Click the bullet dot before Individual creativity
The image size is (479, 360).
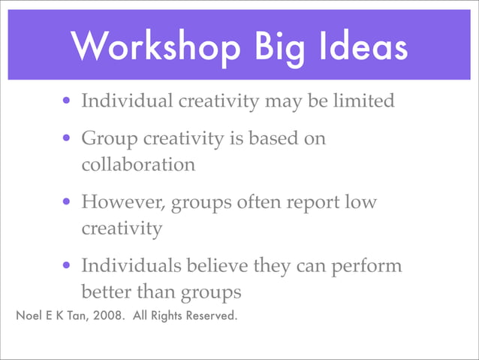click(68, 101)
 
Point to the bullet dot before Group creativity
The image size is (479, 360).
click(68, 139)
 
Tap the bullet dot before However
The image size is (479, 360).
click(68, 202)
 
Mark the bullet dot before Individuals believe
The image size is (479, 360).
click(68, 266)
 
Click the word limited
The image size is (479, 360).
click(366, 100)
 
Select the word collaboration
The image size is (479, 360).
click(138, 164)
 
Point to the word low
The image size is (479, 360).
click(360, 203)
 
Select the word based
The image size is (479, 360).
click(270, 138)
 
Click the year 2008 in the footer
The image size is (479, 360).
click(110, 315)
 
